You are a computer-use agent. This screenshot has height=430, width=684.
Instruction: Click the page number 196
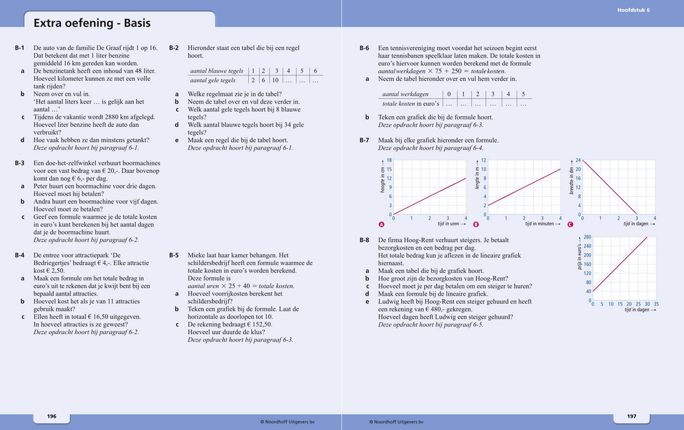(51, 416)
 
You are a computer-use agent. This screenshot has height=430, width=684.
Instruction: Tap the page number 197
(631, 416)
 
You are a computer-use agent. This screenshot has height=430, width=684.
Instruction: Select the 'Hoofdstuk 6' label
(633, 10)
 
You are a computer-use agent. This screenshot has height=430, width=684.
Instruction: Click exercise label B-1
(20, 48)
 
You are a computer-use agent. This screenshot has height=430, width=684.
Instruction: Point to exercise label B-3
(20, 163)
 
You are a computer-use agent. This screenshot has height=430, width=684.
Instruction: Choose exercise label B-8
(365, 240)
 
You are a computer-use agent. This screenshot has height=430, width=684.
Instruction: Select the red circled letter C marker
(570, 224)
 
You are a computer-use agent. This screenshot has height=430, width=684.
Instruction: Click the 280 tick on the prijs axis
(587, 237)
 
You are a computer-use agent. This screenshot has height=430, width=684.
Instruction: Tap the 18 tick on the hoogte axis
(389, 160)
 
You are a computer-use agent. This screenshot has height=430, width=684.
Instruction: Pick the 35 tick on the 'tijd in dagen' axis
(656, 304)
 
